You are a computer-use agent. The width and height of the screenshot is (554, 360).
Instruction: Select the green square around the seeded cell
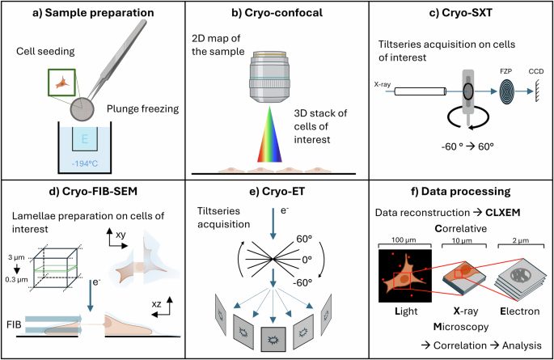coord(61,80)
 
